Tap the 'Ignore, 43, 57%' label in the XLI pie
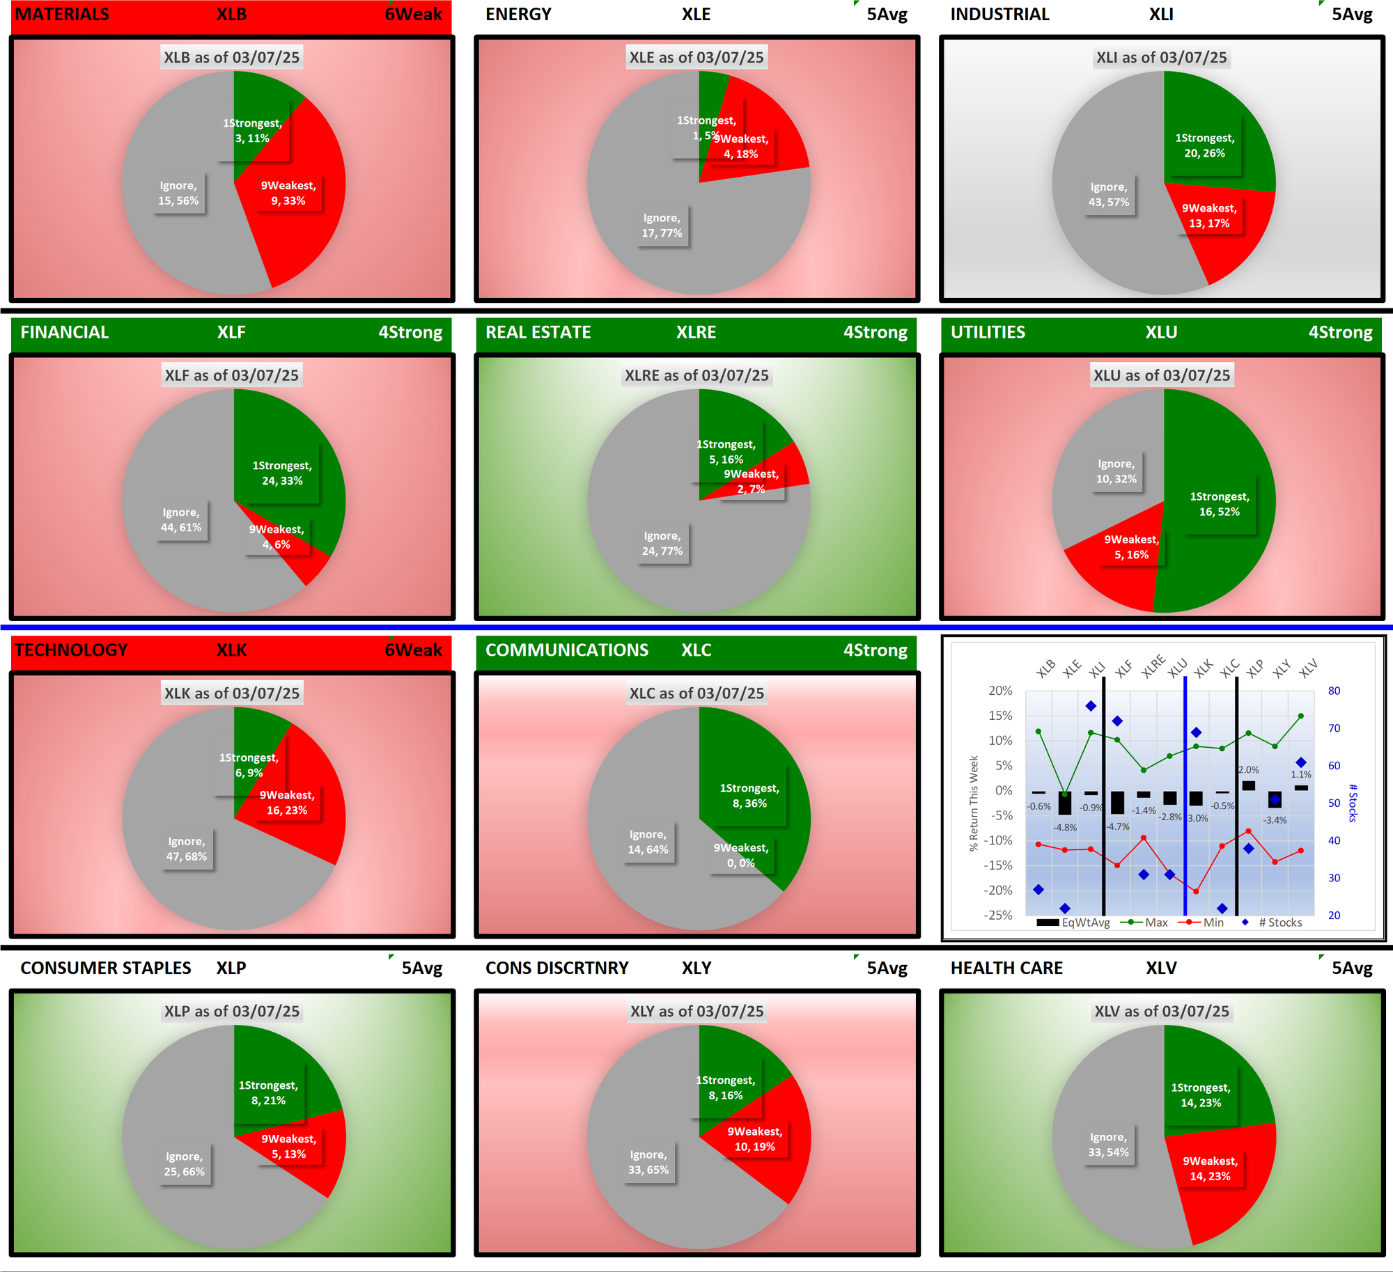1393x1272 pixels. (x=1109, y=195)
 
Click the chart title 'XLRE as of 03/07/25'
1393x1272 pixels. (x=696, y=375)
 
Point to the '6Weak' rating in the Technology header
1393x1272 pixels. (x=413, y=650)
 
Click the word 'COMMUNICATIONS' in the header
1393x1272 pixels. (x=566, y=650)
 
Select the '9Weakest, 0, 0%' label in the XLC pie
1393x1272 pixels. (x=740, y=856)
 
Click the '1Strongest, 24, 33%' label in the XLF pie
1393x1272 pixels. (x=281, y=473)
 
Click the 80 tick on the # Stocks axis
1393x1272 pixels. (x=1334, y=691)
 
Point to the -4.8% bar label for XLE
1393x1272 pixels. (x=1065, y=828)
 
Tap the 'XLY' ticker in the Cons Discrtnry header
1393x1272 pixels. (x=696, y=968)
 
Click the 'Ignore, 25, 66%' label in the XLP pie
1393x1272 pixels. (x=185, y=1164)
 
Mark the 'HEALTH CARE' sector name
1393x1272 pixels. (x=1006, y=968)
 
